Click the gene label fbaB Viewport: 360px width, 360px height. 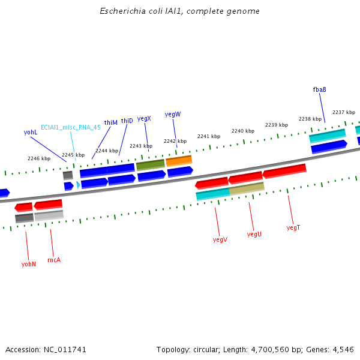319,89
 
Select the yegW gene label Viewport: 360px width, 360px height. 173,114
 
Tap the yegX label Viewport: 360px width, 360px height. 144,119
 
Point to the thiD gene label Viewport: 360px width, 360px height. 127,121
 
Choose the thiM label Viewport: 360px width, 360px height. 111,122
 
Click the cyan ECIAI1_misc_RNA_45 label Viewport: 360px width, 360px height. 71,127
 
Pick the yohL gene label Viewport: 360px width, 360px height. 31,132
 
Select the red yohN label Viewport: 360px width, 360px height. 29,264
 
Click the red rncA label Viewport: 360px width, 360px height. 54,260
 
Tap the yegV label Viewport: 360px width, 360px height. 220,240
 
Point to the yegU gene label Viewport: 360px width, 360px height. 254,234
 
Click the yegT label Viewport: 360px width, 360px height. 293,227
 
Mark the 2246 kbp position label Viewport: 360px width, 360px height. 38,158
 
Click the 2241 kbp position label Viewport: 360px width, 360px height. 209,136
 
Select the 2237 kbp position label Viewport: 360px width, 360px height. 344,112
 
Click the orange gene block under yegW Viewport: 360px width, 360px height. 179,161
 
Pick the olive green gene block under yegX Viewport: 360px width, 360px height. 150,164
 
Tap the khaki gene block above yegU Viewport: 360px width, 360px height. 247,188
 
